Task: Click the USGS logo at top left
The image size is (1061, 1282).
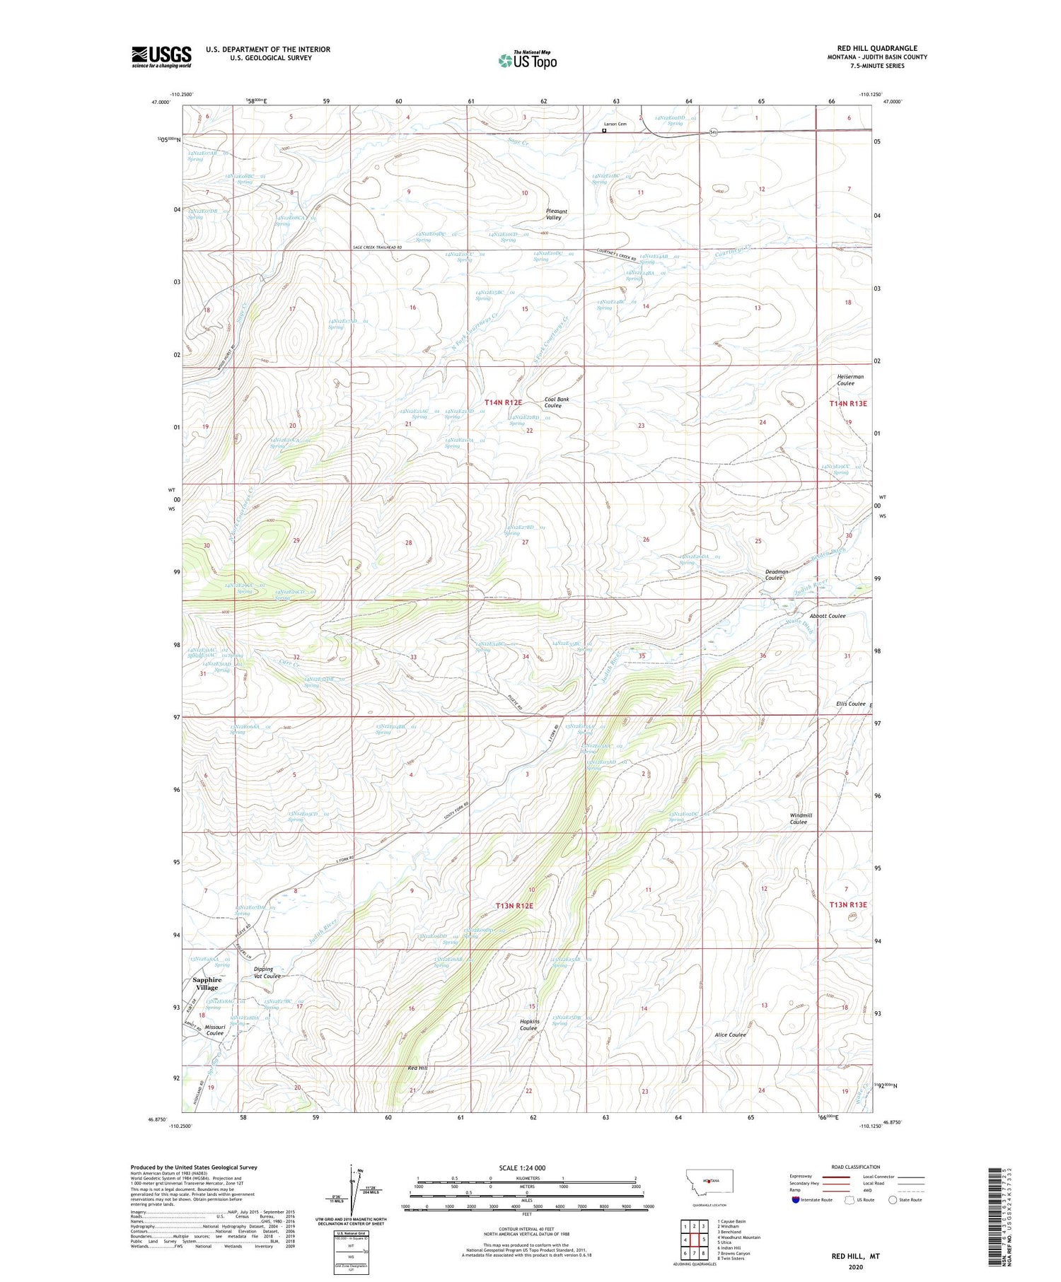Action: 161,57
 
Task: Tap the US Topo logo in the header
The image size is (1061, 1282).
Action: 528,61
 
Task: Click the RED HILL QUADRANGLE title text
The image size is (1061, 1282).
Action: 877,48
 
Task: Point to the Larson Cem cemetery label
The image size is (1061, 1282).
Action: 615,124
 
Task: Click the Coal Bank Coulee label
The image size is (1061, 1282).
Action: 557,402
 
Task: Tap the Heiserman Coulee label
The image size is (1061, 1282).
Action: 850,380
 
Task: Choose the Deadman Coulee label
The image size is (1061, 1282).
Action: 776,574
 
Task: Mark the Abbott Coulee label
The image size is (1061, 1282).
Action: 828,615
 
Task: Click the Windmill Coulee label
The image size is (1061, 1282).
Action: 801,818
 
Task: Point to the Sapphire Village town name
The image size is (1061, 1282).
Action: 207,983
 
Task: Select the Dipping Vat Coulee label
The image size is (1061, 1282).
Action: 267,972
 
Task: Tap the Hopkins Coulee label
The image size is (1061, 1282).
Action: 530,1025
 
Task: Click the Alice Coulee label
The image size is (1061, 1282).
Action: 730,1035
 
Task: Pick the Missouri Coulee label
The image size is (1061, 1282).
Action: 210,1030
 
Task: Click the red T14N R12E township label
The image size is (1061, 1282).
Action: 502,402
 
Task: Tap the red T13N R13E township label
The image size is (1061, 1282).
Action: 847,904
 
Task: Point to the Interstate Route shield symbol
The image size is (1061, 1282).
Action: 795,1199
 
